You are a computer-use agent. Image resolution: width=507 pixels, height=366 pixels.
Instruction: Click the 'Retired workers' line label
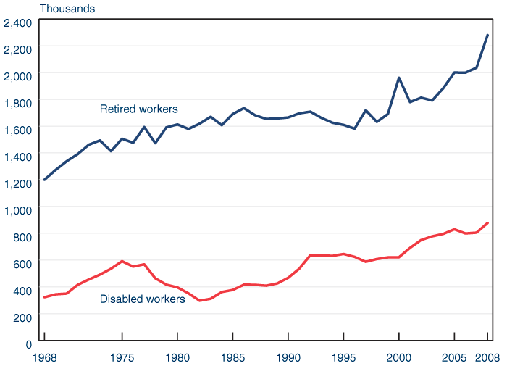point(138,109)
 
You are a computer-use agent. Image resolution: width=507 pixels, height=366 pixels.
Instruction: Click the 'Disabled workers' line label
point(142,299)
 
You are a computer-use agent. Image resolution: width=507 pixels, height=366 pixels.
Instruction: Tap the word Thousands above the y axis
point(67,9)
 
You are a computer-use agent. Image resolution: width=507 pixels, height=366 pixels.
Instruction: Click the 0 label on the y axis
point(28,344)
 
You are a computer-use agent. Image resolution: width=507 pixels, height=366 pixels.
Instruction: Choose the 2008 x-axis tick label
point(487,357)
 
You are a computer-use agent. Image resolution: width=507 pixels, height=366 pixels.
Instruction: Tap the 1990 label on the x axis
point(288,357)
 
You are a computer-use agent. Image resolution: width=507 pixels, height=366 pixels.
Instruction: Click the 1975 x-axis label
point(122,357)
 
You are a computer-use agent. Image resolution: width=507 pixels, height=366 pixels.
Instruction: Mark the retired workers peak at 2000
point(399,78)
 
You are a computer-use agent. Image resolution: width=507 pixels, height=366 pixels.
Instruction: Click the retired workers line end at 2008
point(487,35)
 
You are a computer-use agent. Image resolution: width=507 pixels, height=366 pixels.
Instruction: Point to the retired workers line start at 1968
point(44,180)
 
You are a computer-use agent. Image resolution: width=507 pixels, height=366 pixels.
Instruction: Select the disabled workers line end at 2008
point(487,223)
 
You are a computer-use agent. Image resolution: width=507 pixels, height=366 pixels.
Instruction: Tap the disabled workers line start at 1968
point(44,297)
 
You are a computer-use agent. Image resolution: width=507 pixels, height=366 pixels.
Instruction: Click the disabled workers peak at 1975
point(122,261)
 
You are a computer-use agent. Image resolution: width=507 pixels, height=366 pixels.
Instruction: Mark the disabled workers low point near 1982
point(200,301)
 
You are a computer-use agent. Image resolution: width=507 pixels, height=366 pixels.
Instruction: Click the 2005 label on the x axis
point(454,357)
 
